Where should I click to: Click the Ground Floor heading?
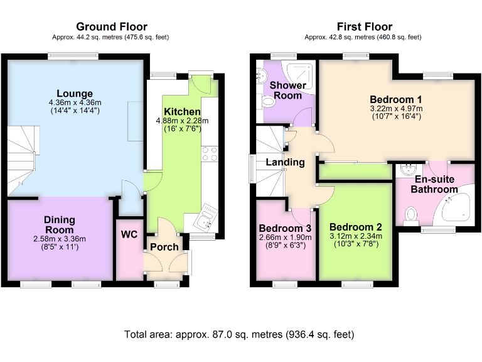pyautogui.click(x=112, y=26)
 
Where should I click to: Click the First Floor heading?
pyautogui.click(x=364, y=26)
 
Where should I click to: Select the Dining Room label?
pyautogui.click(x=60, y=224)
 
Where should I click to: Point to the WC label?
pyautogui.click(x=129, y=235)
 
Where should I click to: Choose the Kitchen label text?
pyautogui.click(x=181, y=111)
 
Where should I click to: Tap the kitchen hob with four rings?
pyautogui.click(x=210, y=153)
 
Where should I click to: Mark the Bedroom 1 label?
pyautogui.click(x=395, y=99)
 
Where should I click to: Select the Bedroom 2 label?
pyautogui.click(x=355, y=227)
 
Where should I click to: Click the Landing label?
pyautogui.click(x=286, y=162)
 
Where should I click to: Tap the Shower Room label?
pyautogui.click(x=288, y=90)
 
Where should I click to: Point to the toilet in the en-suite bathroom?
pyautogui.click(x=412, y=216)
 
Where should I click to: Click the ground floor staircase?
pyautogui.click(x=21, y=160)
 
